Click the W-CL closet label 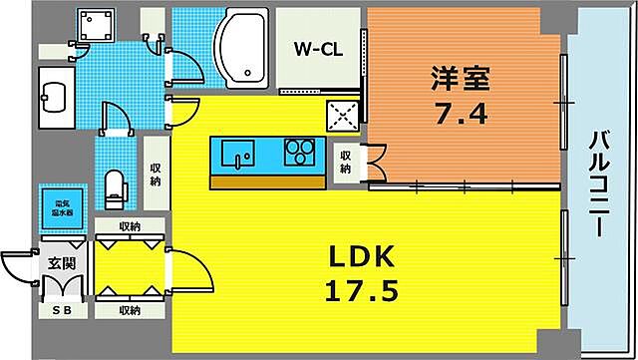point(318,49)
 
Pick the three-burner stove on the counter point(300,153)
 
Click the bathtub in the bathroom point(239,48)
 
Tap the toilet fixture point(116,186)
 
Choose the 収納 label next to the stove point(344,163)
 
